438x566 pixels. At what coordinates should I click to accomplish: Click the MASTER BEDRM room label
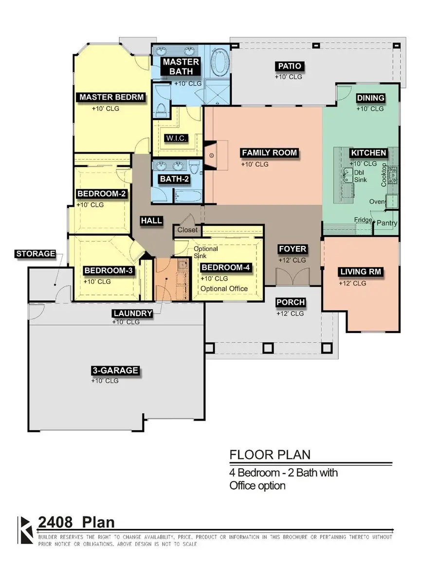[x=111, y=97]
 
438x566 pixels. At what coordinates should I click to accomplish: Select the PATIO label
[x=290, y=66]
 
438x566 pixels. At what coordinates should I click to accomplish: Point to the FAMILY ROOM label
[x=269, y=153]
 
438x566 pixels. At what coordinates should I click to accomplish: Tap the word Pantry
[x=387, y=223]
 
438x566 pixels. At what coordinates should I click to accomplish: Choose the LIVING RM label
[x=361, y=272]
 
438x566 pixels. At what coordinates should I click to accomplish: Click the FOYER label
[x=292, y=248]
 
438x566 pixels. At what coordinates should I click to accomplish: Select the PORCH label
[x=291, y=302]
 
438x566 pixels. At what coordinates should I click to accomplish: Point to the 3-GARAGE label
[x=115, y=371]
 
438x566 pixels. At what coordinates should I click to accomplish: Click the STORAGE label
[x=36, y=254]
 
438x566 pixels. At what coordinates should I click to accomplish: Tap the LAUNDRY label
[x=133, y=313]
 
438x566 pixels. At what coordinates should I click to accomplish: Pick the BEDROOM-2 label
[x=102, y=194]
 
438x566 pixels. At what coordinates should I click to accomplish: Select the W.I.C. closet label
[x=176, y=138]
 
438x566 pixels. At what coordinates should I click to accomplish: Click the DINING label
[x=370, y=98]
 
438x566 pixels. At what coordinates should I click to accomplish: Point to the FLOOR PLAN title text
[x=270, y=455]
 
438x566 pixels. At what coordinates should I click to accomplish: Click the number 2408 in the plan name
[x=55, y=522]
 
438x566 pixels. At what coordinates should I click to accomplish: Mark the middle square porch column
[x=268, y=348]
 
